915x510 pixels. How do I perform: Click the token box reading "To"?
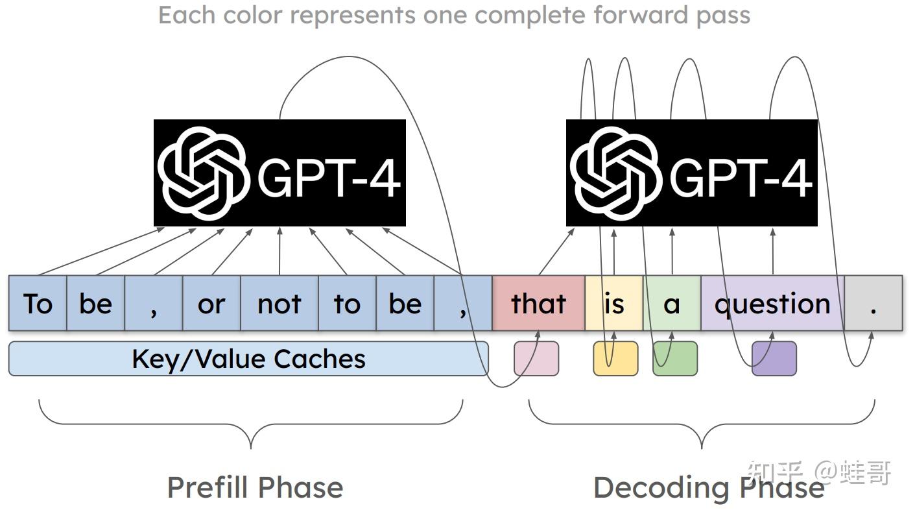coord(38,304)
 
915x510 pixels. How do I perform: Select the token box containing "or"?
coord(211,304)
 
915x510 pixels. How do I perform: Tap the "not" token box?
coord(279,304)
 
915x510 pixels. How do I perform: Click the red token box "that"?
coord(538,304)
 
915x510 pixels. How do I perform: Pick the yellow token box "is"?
coord(613,304)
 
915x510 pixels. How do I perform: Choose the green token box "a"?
coord(672,304)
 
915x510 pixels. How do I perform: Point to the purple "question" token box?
coord(772,304)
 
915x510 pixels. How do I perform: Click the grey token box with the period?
coord(873,304)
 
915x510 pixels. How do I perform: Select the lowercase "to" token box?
coord(347,304)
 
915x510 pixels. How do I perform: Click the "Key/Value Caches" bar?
coord(248,359)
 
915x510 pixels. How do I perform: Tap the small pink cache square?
coord(536,359)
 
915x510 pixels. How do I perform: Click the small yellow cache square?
coord(615,359)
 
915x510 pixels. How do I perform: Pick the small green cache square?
coord(675,359)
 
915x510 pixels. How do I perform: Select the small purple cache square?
coord(774,359)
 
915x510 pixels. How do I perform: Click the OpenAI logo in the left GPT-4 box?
coord(203,172)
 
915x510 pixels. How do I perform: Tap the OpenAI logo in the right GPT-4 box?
coord(615,172)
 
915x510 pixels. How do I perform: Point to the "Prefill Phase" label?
coord(255,487)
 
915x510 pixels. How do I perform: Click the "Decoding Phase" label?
coord(708,487)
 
